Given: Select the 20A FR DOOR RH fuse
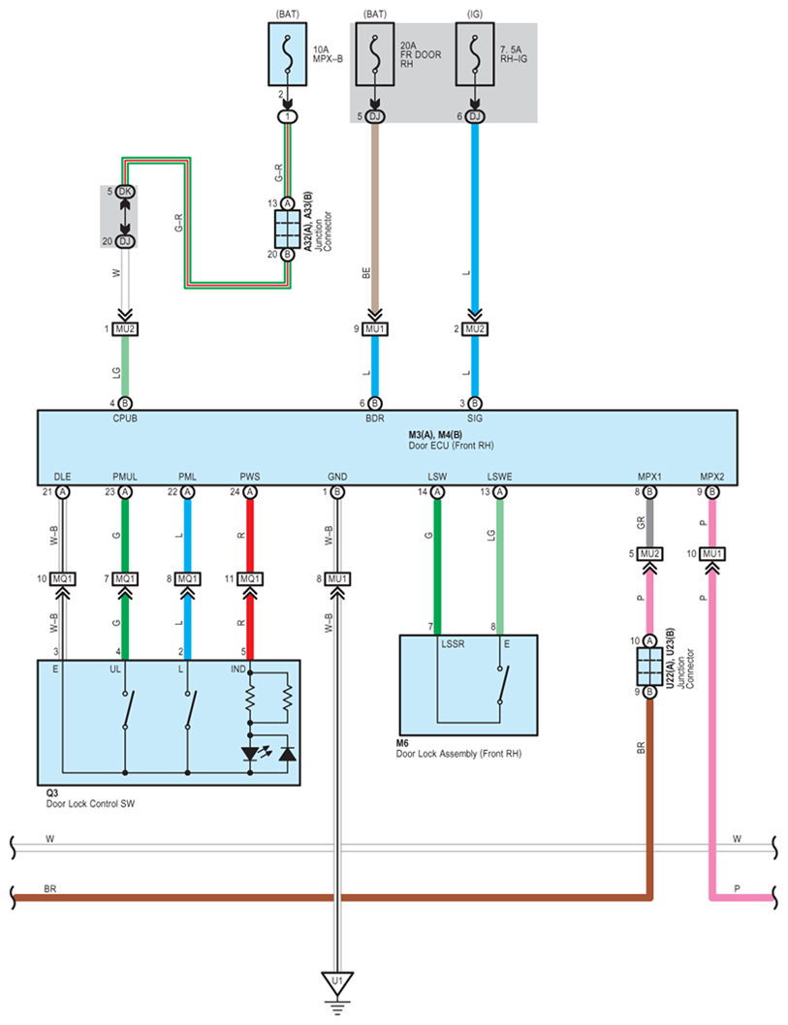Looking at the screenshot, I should [375, 54].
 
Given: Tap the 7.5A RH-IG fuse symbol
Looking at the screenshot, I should [475, 54].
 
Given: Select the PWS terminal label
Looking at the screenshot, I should [250, 477].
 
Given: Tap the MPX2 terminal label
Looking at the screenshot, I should [712, 477].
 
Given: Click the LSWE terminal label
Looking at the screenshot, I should [500, 477].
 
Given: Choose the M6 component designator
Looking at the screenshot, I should [403, 742].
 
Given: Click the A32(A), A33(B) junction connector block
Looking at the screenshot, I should [287, 229].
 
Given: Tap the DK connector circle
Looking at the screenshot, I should [124, 192].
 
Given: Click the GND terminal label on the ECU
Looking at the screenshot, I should [337, 477].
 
